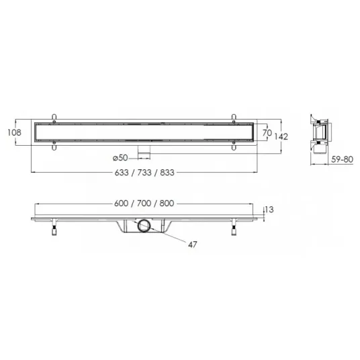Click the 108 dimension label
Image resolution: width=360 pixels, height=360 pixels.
[x=14, y=132]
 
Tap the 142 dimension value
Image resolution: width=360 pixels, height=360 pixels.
[x=281, y=136]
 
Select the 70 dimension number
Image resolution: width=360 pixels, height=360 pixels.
[x=267, y=133]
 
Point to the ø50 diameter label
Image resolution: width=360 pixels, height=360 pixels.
[x=120, y=158]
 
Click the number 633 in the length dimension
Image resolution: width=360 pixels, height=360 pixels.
[x=122, y=173]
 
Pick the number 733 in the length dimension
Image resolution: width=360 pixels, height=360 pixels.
[x=144, y=173]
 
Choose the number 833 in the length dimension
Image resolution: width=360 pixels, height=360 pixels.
[x=167, y=173]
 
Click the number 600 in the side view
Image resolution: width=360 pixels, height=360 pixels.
[x=121, y=204]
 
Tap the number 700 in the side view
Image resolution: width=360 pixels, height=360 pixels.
[x=144, y=204]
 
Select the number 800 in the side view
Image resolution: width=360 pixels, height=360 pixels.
[x=167, y=204]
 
